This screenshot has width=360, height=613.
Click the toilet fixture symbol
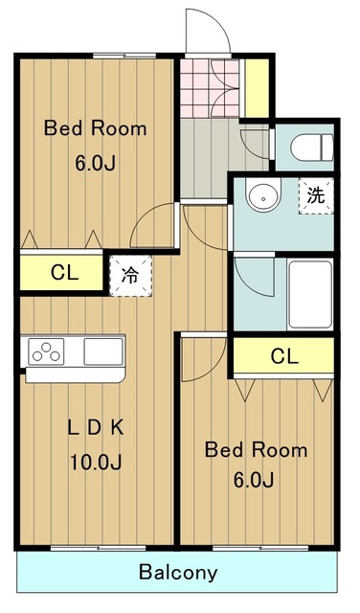tap(312, 148)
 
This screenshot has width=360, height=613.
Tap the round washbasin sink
tap(263, 194)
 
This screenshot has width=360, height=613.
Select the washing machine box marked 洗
tap(316, 195)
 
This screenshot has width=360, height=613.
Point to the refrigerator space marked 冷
tap(130, 275)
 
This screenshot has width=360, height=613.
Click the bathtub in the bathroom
tap(310, 294)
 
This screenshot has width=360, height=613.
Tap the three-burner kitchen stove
tap(47, 352)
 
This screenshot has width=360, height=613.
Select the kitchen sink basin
tap(103, 352)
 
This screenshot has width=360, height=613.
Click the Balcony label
tap(178, 573)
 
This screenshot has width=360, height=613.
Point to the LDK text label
tap(96, 428)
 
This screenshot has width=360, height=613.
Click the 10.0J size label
tap(96, 462)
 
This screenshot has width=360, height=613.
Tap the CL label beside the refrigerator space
tap(64, 272)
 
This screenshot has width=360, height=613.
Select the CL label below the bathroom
tap(284, 356)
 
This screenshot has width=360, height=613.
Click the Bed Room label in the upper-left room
tap(96, 128)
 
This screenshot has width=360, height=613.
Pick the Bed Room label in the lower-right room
tap(256, 450)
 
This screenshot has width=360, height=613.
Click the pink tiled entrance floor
tap(210, 88)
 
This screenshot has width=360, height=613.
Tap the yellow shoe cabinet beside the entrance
tap(257, 88)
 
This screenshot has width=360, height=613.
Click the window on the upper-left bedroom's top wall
tap(124, 56)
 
